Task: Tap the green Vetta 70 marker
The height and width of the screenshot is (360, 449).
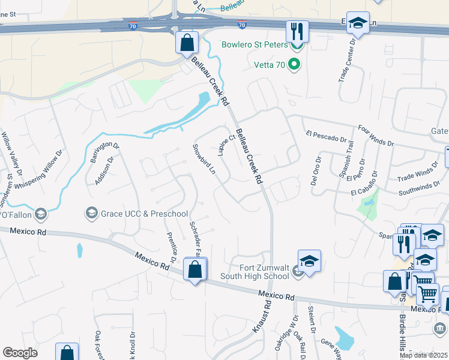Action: coord(294,64)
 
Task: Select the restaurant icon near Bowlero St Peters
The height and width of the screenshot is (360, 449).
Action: coord(297,31)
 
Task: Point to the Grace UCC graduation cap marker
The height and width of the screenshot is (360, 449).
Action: coord(92,213)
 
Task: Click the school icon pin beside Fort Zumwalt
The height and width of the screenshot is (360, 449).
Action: coord(309,262)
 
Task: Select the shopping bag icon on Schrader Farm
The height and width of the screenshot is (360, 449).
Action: coord(195,270)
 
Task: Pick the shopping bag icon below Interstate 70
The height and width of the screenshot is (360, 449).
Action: coord(187,43)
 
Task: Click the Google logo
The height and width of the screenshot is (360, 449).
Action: coord(20,352)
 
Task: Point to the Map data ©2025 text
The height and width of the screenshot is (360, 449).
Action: coord(423,355)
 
